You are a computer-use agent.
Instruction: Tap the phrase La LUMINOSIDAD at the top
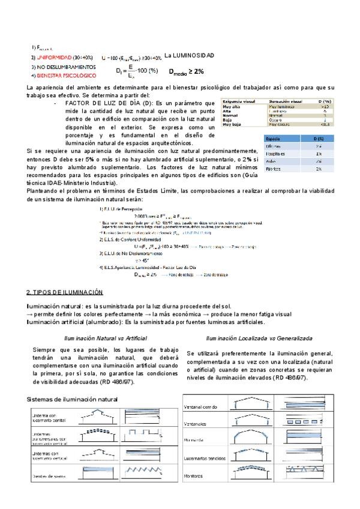click(x=189, y=55)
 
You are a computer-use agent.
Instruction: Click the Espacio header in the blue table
click(x=274, y=139)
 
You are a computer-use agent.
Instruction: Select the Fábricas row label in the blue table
click(x=274, y=169)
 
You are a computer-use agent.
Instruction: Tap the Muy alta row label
click(x=230, y=107)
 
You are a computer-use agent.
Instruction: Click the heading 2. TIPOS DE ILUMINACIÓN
click(x=64, y=292)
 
